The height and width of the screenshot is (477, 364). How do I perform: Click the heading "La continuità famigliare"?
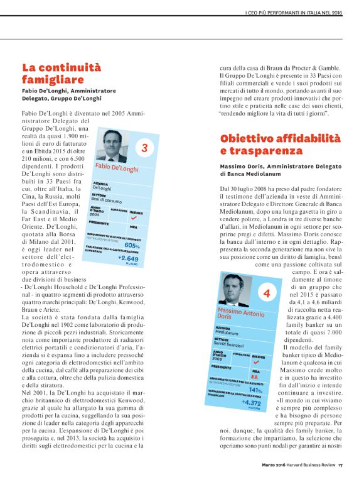coord(61,73)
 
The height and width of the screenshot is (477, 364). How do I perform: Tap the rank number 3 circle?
coord(144,148)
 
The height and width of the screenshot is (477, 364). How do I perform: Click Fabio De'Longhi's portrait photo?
coord(113,147)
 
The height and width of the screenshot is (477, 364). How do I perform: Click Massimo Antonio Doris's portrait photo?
coord(236,291)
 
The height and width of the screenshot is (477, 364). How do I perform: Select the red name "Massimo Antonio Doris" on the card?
coord(238,315)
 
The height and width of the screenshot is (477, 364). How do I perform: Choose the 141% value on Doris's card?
coord(255,390)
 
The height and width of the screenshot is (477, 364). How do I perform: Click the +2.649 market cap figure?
coord(128,258)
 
